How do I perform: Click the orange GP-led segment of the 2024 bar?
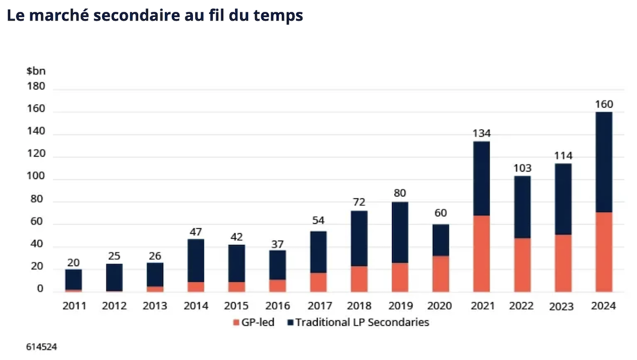603,252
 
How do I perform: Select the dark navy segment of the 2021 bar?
481,178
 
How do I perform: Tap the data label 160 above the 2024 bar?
603,103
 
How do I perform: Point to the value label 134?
481,133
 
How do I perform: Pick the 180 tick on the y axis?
36,86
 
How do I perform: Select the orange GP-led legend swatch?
236,323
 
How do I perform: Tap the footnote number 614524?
41,346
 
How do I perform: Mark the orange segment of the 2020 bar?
440,274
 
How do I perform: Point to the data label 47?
195,231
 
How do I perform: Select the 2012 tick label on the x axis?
114,305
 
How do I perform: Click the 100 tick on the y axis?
36,179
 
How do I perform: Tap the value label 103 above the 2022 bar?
522,168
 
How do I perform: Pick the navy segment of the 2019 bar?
399,233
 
